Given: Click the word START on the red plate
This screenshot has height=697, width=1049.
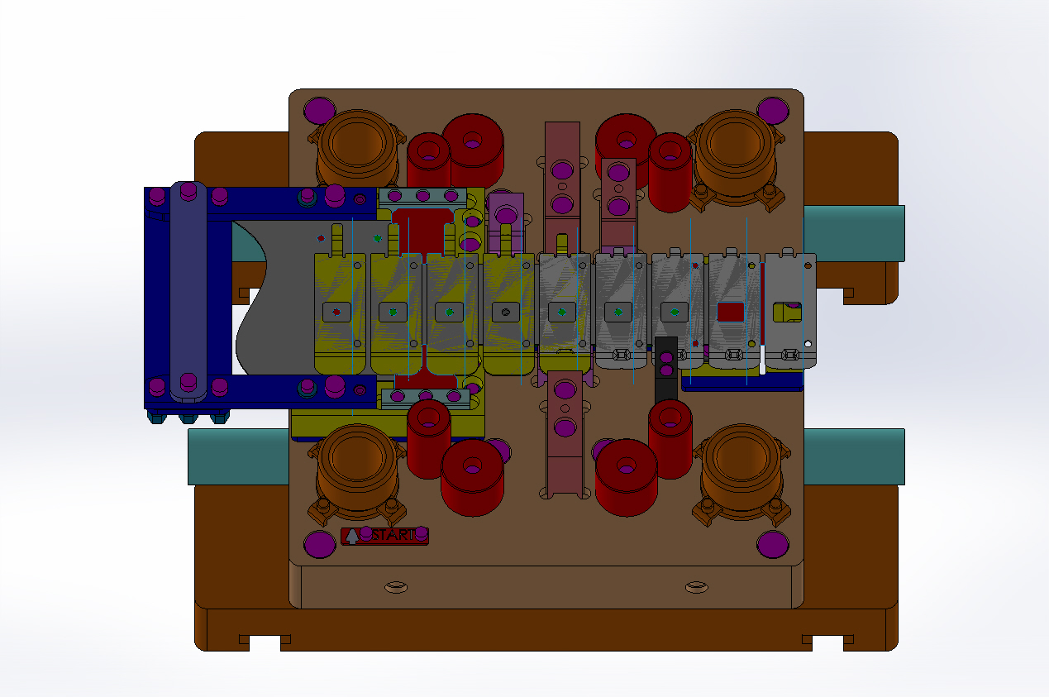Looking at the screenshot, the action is (393, 535).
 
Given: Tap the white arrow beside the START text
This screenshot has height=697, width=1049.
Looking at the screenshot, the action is (352, 536).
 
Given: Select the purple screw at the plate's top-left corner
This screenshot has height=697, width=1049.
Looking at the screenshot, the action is (319, 111).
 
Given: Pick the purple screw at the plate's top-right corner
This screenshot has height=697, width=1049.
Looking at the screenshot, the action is (773, 111).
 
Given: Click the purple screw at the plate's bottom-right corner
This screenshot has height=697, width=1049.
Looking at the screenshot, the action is (773, 544).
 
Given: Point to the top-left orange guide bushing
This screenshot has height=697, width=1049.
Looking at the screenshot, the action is (357, 147).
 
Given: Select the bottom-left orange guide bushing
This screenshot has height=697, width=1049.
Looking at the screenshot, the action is (357, 473).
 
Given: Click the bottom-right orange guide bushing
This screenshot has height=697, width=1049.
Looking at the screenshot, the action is (741, 473).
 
